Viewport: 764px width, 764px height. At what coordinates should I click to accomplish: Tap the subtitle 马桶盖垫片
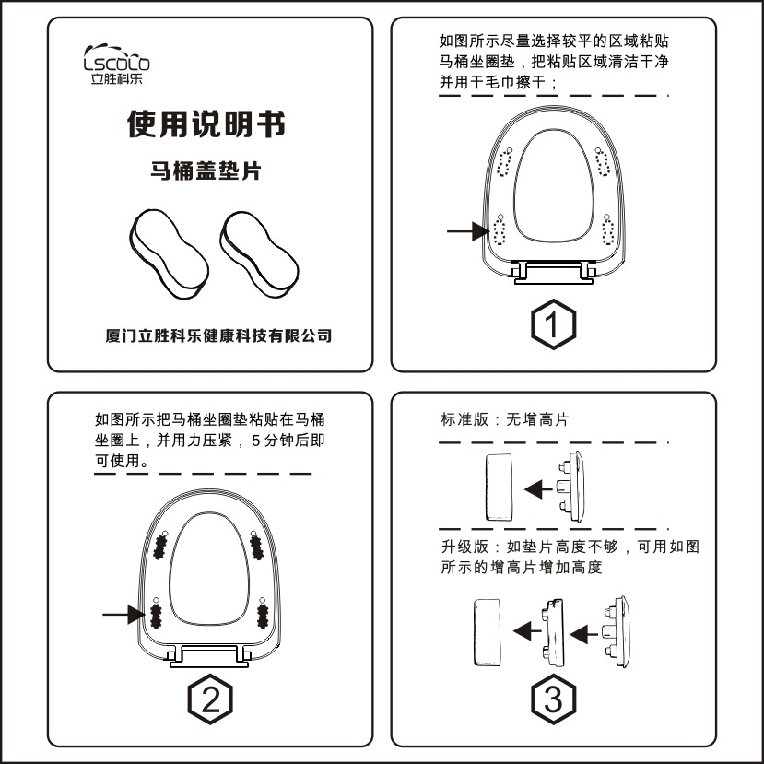pyautogui.click(x=205, y=170)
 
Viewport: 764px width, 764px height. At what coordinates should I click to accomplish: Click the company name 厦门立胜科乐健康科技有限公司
pyautogui.click(x=218, y=335)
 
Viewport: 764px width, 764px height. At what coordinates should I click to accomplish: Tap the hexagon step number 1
pyautogui.click(x=553, y=323)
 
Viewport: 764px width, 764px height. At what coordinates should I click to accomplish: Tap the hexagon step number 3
pyautogui.click(x=553, y=701)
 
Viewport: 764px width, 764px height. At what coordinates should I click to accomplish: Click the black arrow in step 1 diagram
pyautogui.click(x=467, y=232)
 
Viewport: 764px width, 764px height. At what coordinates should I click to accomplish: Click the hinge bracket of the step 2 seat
pyautogui.click(x=210, y=655)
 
